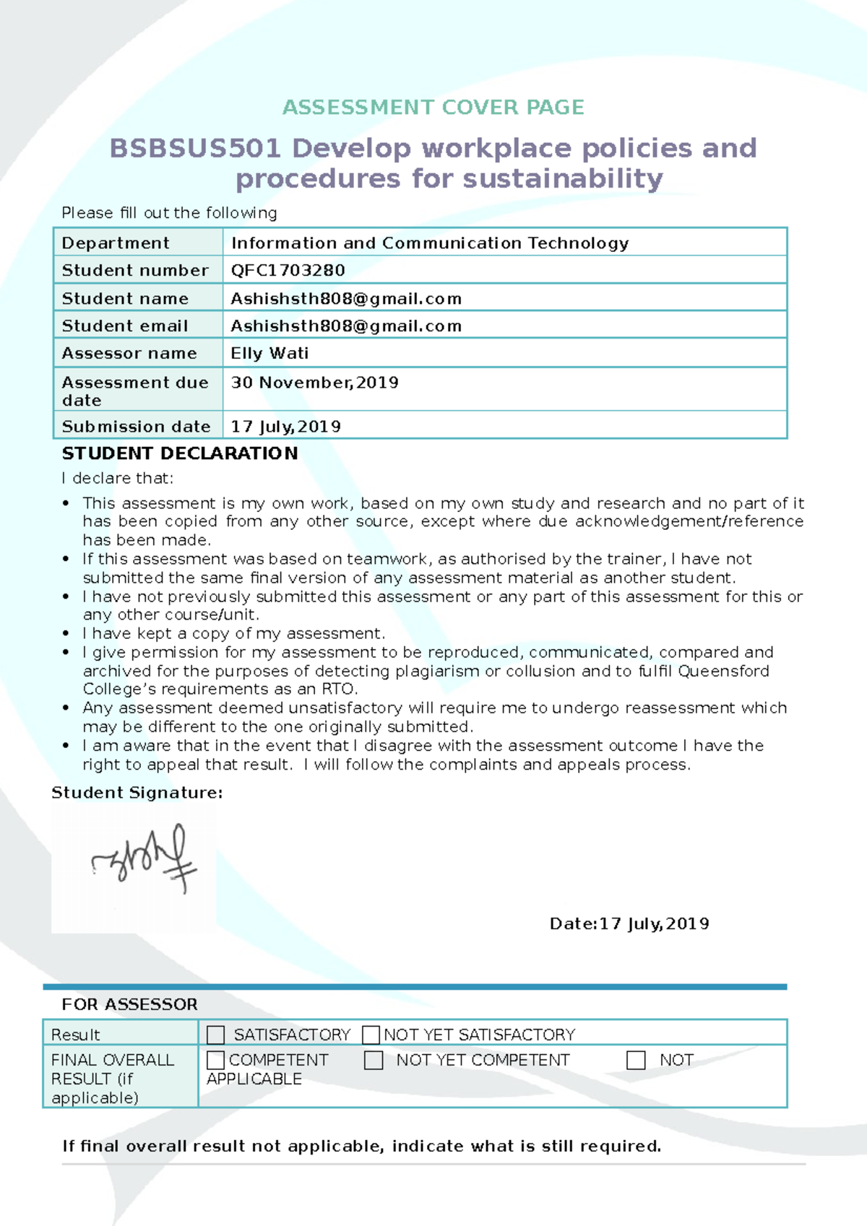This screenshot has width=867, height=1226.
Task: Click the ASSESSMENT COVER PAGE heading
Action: click(x=433, y=108)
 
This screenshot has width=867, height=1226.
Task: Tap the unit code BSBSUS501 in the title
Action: click(x=195, y=149)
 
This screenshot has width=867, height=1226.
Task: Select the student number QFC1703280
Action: click(x=288, y=270)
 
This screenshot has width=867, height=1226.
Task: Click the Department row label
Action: click(x=116, y=243)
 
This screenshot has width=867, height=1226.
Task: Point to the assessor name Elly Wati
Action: click(x=269, y=353)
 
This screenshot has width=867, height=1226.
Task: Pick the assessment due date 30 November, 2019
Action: click(x=314, y=383)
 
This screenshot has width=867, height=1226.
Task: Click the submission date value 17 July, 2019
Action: click(x=285, y=427)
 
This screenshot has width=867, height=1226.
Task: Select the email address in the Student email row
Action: click(x=346, y=326)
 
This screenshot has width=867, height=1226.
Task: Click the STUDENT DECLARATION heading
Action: click(x=180, y=453)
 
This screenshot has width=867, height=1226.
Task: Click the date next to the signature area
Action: click(x=629, y=924)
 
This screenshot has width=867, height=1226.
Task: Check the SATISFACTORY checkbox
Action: click(x=216, y=1035)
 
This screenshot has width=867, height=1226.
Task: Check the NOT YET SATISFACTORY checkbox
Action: click(x=371, y=1035)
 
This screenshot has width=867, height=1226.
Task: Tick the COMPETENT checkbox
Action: click(x=215, y=1060)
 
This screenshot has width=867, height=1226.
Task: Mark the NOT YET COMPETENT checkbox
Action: click(x=374, y=1060)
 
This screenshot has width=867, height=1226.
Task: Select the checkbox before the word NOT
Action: click(x=636, y=1060)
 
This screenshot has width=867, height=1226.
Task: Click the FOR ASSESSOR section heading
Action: click(x=129, y=1004)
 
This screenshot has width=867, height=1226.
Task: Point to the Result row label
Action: click(x=75, y=1035)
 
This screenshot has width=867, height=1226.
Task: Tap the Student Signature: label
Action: click(x=137, y=793)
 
